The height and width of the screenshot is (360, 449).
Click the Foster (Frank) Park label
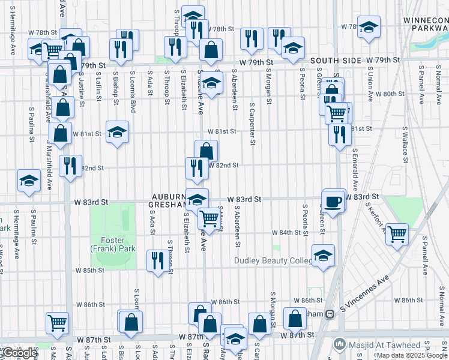[x=113, y=244]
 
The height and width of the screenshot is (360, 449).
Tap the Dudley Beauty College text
[x=273, y=260]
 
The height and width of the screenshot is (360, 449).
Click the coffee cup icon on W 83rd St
[x=333, y=200]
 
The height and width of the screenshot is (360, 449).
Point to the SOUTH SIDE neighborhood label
[x=336, y=61]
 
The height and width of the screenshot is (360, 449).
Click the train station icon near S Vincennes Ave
[x=330, y=314]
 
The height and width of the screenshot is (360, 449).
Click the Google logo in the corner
[x=20, y=353]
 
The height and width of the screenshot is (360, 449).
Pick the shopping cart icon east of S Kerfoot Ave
[x=397, y=233]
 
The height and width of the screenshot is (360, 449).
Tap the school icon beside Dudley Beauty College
[x=323, y=256]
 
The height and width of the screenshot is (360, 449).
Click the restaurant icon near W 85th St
[x=158, y=260]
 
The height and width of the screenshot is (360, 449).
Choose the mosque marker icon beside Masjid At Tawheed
[x=340, y=344]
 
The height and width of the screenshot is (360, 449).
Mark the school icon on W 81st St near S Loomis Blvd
[x=117, y=133]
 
